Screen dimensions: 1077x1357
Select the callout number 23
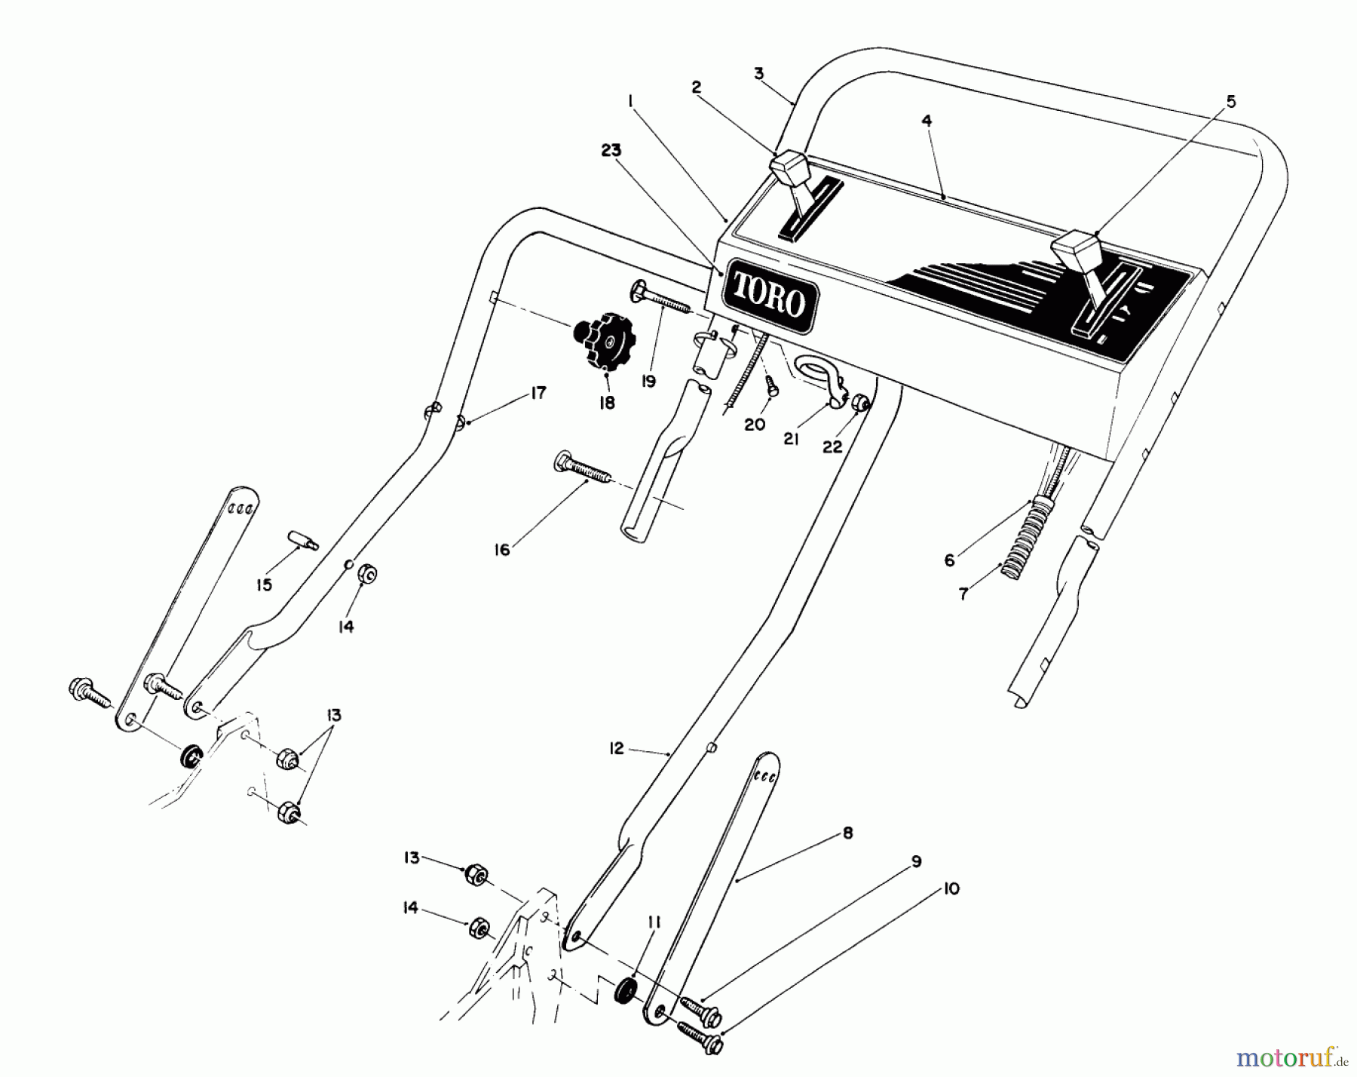click(x=611, y=151)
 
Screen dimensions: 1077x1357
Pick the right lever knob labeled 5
click(x=1075, y=249)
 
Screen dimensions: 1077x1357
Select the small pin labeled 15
click(x=303, y=540)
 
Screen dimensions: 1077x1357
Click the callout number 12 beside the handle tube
click(x=617, y=749)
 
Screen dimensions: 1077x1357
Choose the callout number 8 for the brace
click(x=848, y=833)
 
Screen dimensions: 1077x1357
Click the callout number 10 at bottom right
click(x=951, y=890)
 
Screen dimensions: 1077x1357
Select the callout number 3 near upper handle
click(x=759, y=74)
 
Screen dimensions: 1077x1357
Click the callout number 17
click(x=538, y=393)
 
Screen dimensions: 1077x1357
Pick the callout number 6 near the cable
click(x=950, y=560)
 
